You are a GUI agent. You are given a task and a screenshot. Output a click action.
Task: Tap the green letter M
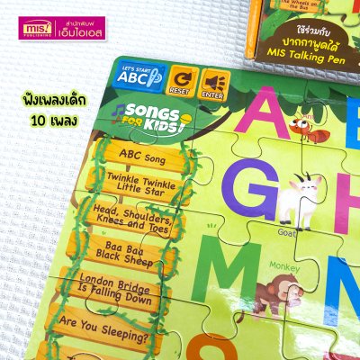coord(226,275)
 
